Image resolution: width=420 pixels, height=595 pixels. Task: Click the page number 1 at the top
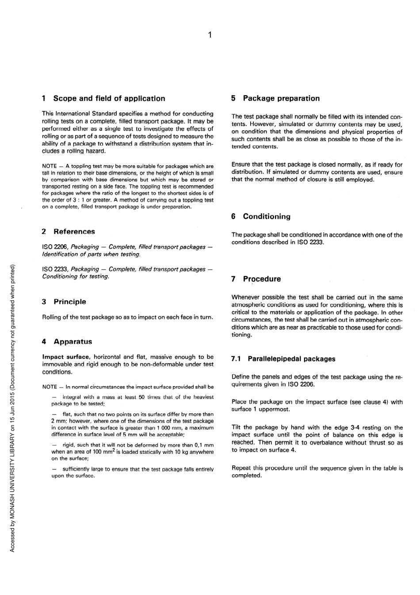pyautogui.click(x=210, y=35)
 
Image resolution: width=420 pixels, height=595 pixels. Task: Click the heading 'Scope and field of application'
pyautogui.click(x=109, y=99)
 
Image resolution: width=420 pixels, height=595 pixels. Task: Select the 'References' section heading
pyautogui.click(x=74, y=232)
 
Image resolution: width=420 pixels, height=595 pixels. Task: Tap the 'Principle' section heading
pyautogui.click(x=70, y=302)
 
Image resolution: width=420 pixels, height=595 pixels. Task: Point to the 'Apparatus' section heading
pyautogui.click(x=73, y=342)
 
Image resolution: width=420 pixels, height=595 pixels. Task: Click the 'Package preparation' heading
pyautogui.click(x=281, y=98)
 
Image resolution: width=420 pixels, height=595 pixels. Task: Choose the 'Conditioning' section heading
pyautogui.click(x=266, y=217)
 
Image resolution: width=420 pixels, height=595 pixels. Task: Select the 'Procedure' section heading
pyautogui.click(x=262, y=279)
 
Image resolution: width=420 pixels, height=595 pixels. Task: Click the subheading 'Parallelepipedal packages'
pyautogui.click(x=291, y=359)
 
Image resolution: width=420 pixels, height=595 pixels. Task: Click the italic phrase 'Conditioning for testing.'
pyautogui.click(x=76, y=276)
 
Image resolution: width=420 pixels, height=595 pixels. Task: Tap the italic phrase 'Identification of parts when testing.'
pyautogui.click(x=91, y=254)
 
